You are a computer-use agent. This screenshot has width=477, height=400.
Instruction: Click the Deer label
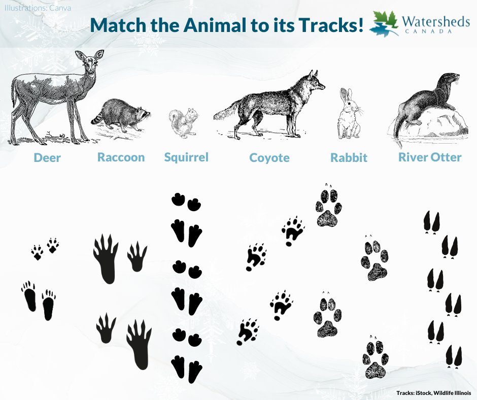(x=47, y=158)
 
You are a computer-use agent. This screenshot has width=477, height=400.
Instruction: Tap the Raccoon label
(x=121, y=157)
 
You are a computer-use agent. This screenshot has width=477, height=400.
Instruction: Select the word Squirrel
(x=186, y=157)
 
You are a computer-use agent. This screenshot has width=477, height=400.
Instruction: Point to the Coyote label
(x=269, y=158)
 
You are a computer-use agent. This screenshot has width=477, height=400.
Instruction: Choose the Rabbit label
(x=349, y=158)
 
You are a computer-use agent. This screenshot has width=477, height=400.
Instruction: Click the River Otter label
(x=430, y=157)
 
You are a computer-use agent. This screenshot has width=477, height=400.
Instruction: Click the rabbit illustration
(x=349, y=116)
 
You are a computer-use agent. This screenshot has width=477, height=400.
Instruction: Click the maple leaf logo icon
(x=384, y=23)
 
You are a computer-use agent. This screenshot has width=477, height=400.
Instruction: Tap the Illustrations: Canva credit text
(x=38, y=9)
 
